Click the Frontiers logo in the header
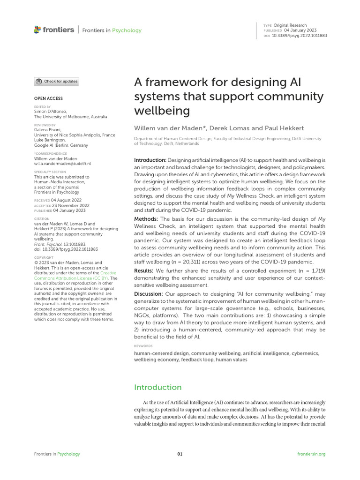pyautogui.click(x=54, y=30)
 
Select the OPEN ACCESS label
pyautogui.click(x=48, y=98)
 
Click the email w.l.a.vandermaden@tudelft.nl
pyautogui.click(x=63, y=164)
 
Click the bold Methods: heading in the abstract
pyautogui.click(x=146, y=219)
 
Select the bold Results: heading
pyautogui.click(x=144, y=271)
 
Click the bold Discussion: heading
pyautogui.click(x=149, y=294)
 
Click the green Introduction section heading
pyautogui.click(x=157, y=387)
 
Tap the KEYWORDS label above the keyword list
pyautogui.click(x=143, y=345)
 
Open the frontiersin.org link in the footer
pyautogui.click(x=311, y=454)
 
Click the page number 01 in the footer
pyautogui.click(x=180, y=454)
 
